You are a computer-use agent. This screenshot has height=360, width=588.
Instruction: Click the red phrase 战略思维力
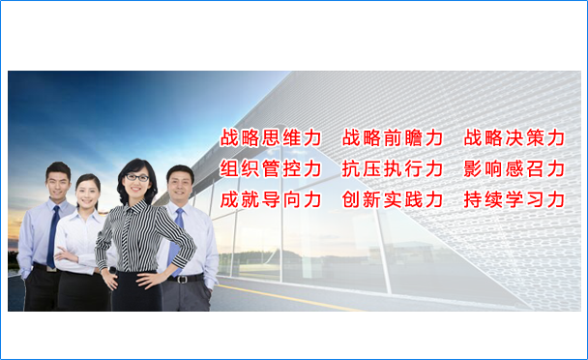coord(271,137)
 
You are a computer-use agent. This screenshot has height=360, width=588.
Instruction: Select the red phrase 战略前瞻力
coord(393,137)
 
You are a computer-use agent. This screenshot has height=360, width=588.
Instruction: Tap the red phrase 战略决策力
coord(514,137)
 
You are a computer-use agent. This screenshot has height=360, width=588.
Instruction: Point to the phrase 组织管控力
coord(271,168)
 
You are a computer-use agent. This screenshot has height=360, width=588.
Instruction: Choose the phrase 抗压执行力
coord(393,168)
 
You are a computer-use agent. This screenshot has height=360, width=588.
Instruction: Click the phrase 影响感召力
coord(514,168)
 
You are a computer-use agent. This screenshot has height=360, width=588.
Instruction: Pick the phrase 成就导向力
coord(271,199)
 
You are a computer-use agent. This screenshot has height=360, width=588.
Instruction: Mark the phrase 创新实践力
coord(393,199)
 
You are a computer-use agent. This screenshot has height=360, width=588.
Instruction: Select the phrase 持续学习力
coord(514,199)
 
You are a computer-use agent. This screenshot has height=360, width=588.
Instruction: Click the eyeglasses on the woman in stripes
coord(137,177)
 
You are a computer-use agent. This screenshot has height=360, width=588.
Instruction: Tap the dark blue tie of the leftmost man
coord(53,236)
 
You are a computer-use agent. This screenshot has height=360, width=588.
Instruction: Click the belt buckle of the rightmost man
coord(183,280)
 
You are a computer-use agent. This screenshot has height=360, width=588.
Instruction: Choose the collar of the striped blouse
coord(133,207)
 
